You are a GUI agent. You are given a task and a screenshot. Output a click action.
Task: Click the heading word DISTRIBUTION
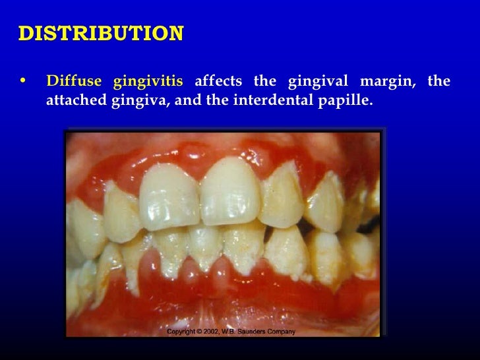100,34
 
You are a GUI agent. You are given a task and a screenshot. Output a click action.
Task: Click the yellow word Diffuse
74,82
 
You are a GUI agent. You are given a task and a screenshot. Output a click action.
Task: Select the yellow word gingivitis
148,82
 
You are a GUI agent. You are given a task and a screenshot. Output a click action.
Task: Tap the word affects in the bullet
218,82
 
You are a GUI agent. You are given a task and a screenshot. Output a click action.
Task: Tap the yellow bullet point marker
24,82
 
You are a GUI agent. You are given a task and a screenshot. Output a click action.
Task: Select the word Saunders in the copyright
255,332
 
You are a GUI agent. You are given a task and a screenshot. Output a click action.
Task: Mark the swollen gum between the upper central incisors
200,168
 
